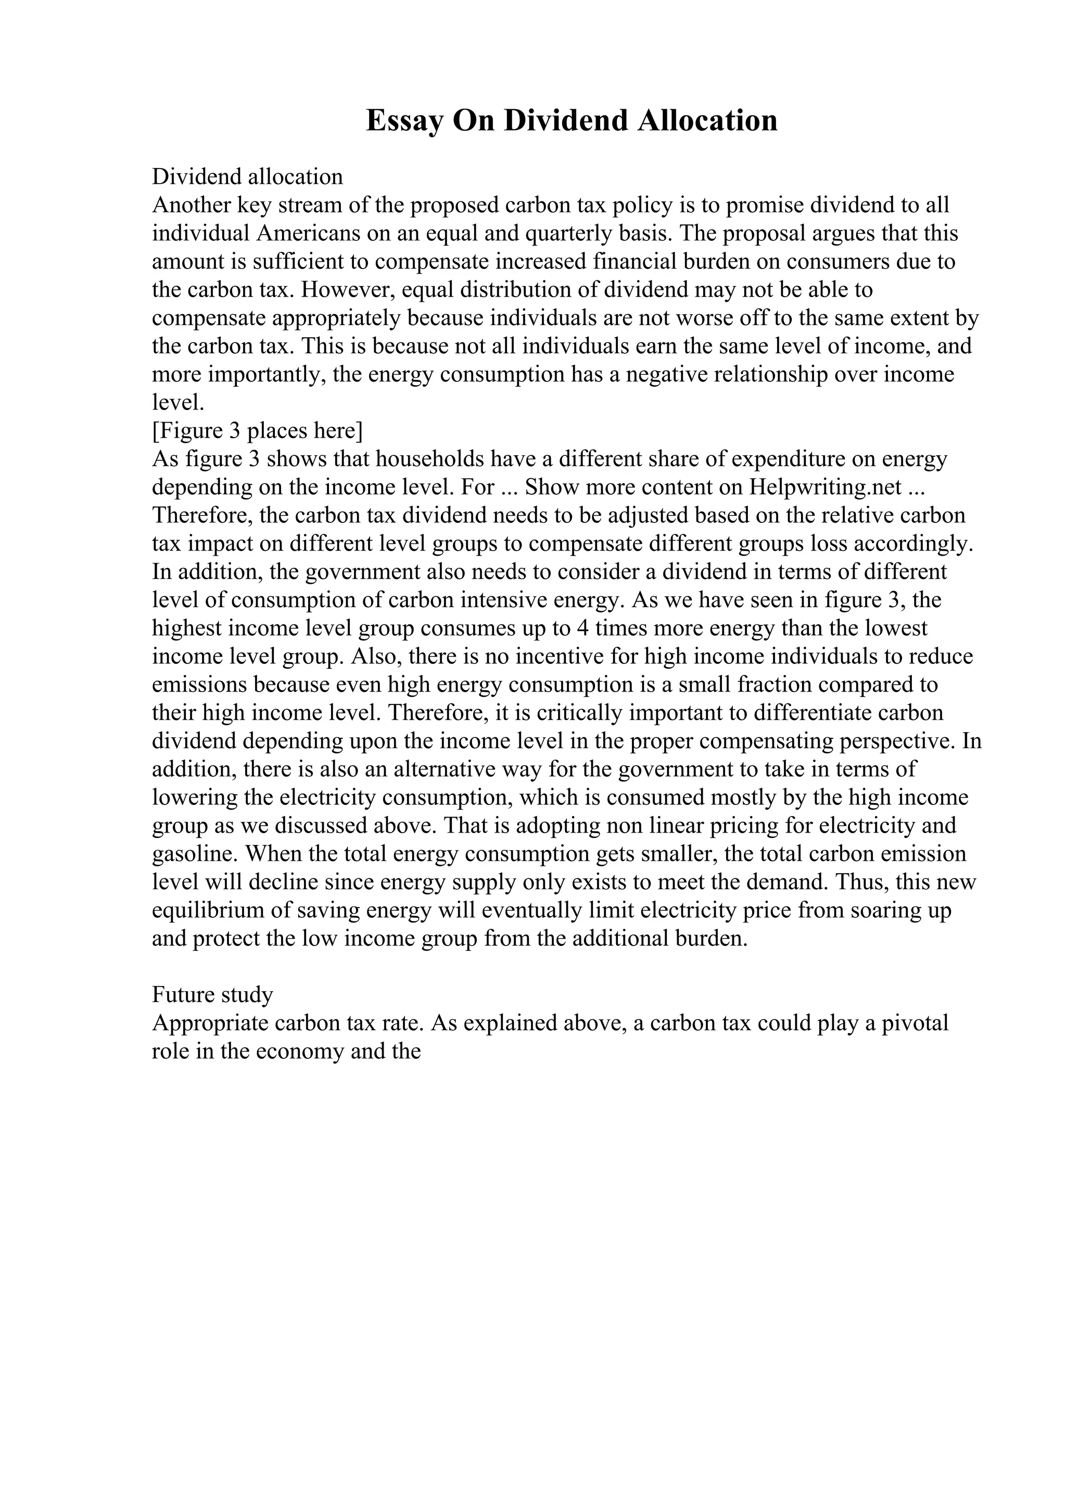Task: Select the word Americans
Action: [x=309, y=233]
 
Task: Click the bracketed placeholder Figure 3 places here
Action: [x=258, y=431]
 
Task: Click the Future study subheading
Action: [x=212, y=995]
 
